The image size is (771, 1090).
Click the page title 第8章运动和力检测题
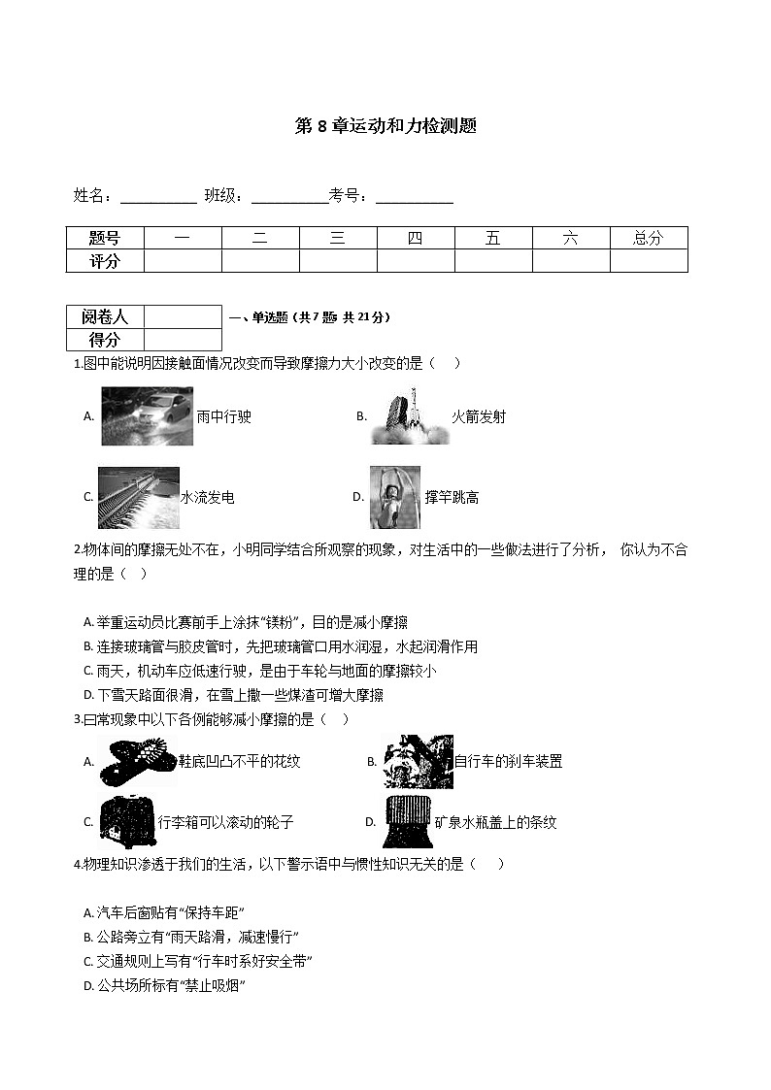(385, 126)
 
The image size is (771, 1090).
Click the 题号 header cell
(105, 238)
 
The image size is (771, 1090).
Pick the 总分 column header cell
(648, 238)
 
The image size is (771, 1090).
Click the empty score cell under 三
(338, 260)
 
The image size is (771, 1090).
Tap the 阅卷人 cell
(105, 316)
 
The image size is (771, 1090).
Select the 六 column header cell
(571, 238)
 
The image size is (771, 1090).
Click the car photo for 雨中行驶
(147, 416)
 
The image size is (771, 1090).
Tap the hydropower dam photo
(138, 497)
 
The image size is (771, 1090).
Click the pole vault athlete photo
(395, 497)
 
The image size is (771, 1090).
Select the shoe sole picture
(138, 761)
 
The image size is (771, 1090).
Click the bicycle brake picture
(418, 761)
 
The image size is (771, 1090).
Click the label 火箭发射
(479, 417)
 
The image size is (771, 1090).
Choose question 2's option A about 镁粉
(232, 622)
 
